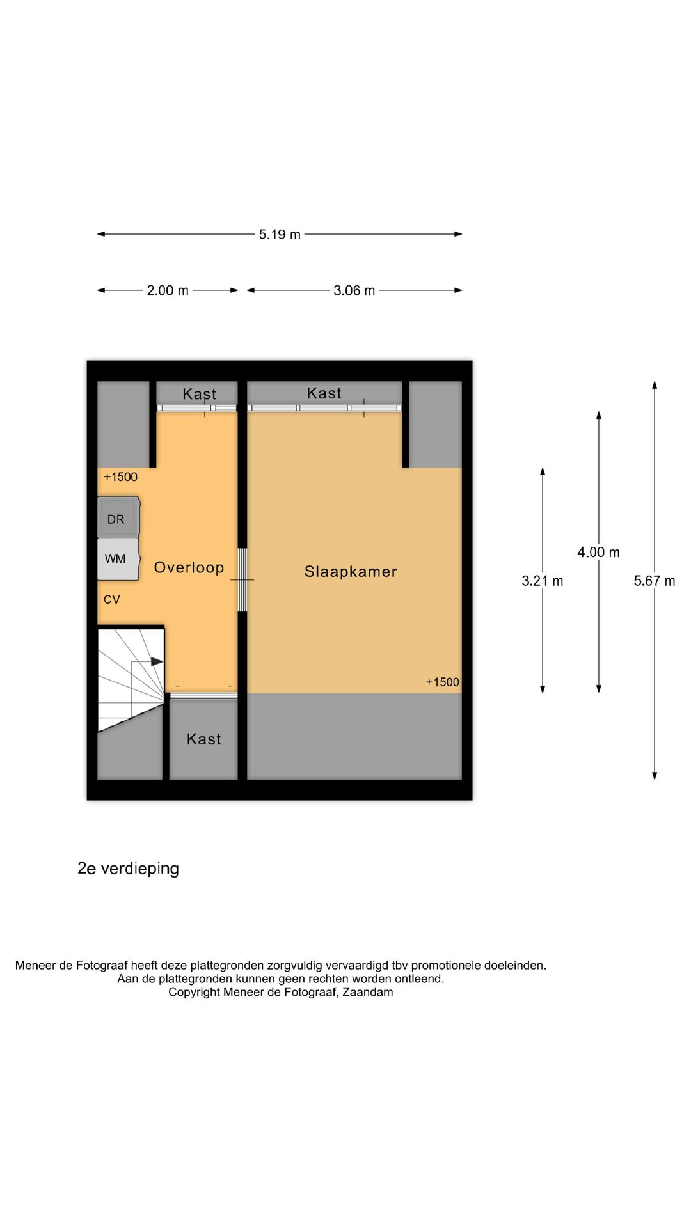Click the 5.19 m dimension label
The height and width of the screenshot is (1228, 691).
tap(280, 235)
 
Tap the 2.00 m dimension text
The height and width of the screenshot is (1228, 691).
tap(168, 291)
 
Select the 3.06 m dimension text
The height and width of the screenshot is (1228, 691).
tap(354, 291)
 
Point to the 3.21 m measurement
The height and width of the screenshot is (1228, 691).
tap(543, 581)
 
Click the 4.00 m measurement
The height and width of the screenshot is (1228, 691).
tap(598, 553)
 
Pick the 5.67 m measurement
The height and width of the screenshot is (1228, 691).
tap(654, 581)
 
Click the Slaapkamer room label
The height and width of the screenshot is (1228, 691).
tap(351, 572)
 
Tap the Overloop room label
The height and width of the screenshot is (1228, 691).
tap(189, 568)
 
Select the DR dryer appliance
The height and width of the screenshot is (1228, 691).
tap(117, 519)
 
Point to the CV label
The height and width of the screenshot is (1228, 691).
tap(112, 600)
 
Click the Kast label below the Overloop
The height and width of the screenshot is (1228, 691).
tap(203, 739)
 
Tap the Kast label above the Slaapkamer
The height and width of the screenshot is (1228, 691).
tap(324, 393)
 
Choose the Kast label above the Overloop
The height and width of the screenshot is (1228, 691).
tap(199, 394)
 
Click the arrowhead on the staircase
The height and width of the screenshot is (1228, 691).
tap(157, 662)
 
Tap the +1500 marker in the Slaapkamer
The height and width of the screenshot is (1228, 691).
tap(442, 682)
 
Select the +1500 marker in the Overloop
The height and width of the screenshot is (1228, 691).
tap(120, 477)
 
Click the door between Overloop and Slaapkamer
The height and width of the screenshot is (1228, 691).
tap(242, 579)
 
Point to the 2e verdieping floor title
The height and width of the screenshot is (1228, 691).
tap(128, 869)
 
